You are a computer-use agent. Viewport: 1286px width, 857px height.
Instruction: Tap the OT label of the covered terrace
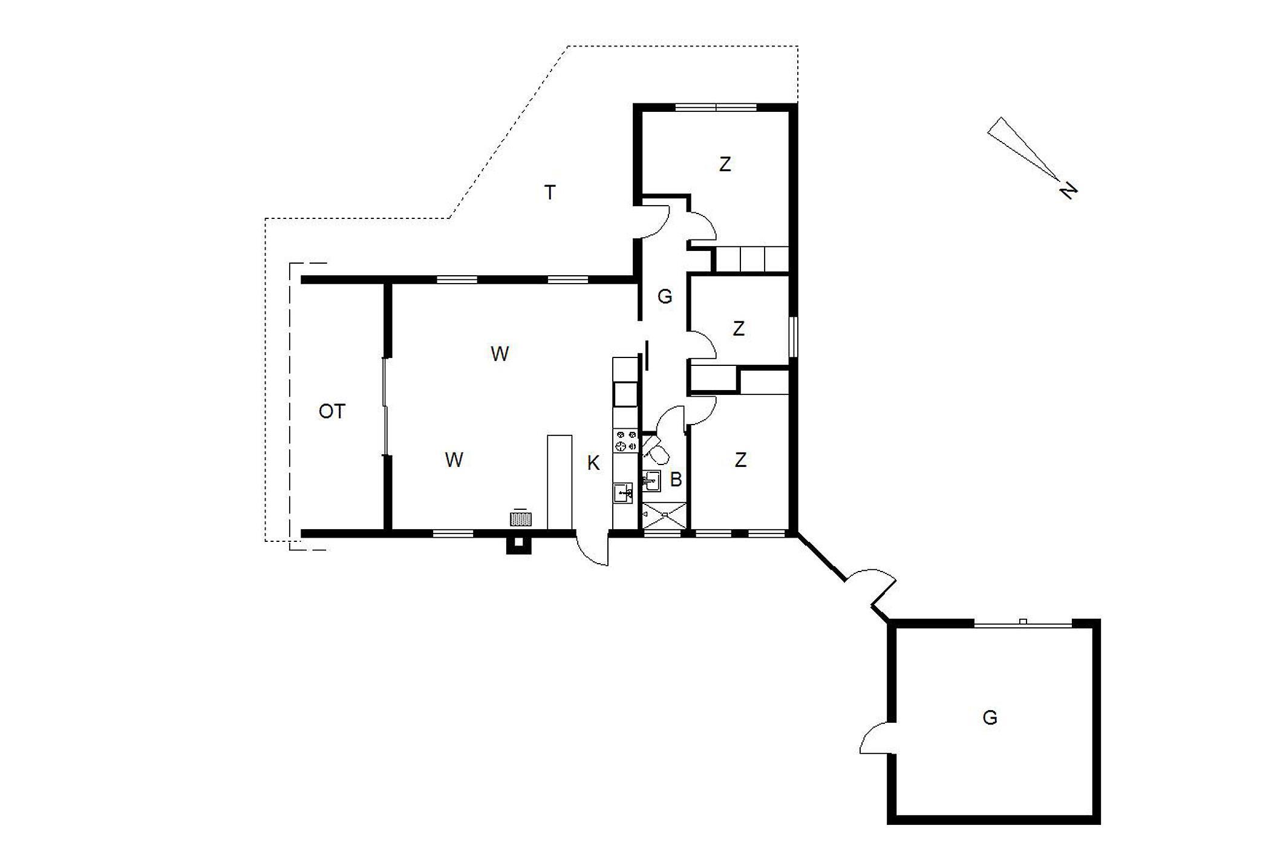pyautogui.click(x=331, y=412)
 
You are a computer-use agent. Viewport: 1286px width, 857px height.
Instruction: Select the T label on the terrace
pyautogui.click(x=550, y=193)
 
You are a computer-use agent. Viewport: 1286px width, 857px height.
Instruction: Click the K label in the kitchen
pyautogui.click(x=593, y=463)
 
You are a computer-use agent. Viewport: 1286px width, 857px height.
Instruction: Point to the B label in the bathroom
pyautogui.click(x=676, y=480)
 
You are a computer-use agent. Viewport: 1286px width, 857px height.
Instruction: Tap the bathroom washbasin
pyautogui.click(x=651, y=481)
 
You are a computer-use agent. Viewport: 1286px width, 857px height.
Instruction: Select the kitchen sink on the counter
pyautogui.click(x=623, y=493)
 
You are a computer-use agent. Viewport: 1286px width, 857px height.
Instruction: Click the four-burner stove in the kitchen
pyautogui.click(x=625, y=441)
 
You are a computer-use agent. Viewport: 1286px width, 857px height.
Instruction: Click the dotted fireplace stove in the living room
pyautogui.click(x=521, y=519)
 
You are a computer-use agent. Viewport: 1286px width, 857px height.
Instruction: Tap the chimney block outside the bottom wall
pyautogui.click(x=518, y=545)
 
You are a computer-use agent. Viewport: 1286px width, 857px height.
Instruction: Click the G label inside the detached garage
pyautogui.click(x=990, y=718)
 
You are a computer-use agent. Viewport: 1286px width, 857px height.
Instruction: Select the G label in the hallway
pyautogui.click(x=665, y=296)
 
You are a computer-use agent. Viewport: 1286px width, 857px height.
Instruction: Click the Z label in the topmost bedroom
pyautogui.click(x=725, y=164)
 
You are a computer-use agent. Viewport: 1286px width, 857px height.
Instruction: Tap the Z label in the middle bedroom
pyautogui.click(x=738, y=328)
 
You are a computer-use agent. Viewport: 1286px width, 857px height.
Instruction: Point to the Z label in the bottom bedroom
pyautogui.click(x=740, y=460)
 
